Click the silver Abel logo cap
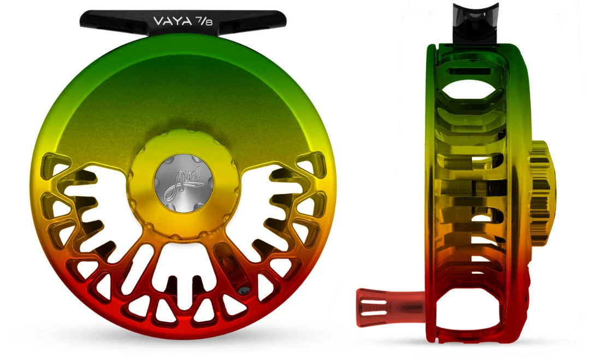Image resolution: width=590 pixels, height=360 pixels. coord(182,180)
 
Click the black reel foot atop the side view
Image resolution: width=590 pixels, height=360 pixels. coord(475,22)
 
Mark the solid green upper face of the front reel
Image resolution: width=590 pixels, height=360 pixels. coord(180,93)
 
